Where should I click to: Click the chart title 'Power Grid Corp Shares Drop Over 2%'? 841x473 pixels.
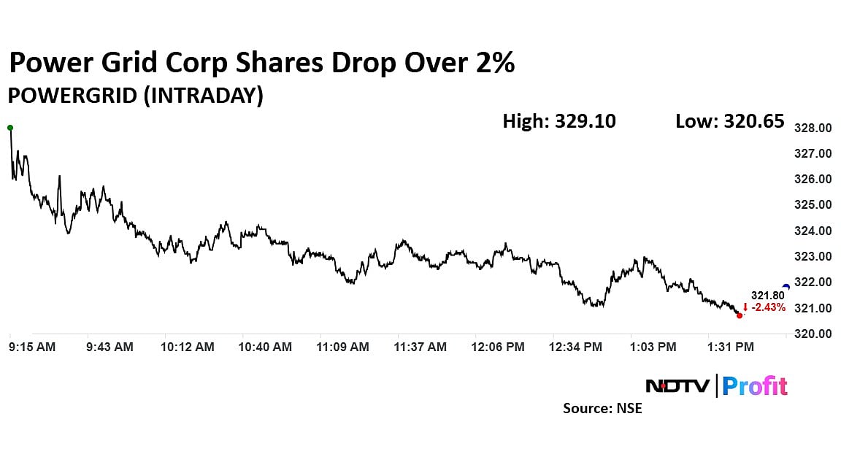tap(261, 63)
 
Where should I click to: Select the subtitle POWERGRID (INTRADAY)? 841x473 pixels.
tap(135, 96)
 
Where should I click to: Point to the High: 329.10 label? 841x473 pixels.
tap(558, 121)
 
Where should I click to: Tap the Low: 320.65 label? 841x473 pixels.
tap(729, 121)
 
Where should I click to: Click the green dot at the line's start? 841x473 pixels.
tap(10, 128)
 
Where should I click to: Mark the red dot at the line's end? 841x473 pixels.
tap(740, 315)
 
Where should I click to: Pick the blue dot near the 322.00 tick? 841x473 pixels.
tap(786, 287)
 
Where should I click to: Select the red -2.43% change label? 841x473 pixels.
tap(764, 307)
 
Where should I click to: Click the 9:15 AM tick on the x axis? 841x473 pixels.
tap(31, 347)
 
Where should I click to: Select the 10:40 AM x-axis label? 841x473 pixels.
tap(265, 347)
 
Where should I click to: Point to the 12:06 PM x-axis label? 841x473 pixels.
tap(498, 347)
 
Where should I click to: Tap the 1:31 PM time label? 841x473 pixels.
tap(731, 347)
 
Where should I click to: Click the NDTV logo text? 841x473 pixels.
tap(677, 385)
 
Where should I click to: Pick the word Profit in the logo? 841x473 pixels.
tap(755, 385)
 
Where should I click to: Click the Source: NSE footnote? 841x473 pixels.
tap(602, 409)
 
